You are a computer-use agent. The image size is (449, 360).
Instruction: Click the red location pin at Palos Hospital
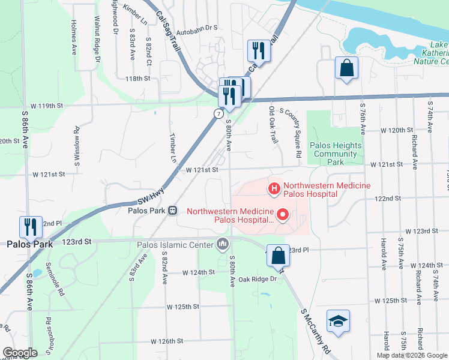click(x=281, y=213)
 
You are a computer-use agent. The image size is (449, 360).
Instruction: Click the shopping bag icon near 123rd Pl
click(x=278, y=255)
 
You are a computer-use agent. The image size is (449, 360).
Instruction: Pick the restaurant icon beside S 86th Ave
click(x=31, y=227)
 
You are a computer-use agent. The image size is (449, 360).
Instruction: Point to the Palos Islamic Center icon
click(x=223, y=244)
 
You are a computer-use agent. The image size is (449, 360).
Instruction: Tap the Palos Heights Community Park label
click(x=336, y=154)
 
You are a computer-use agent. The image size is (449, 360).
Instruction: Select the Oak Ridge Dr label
click(x=257, y=279)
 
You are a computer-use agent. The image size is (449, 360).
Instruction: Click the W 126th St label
click(x=167, y=341)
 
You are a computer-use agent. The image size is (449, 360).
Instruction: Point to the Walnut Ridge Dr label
click(x=96, y=43)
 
